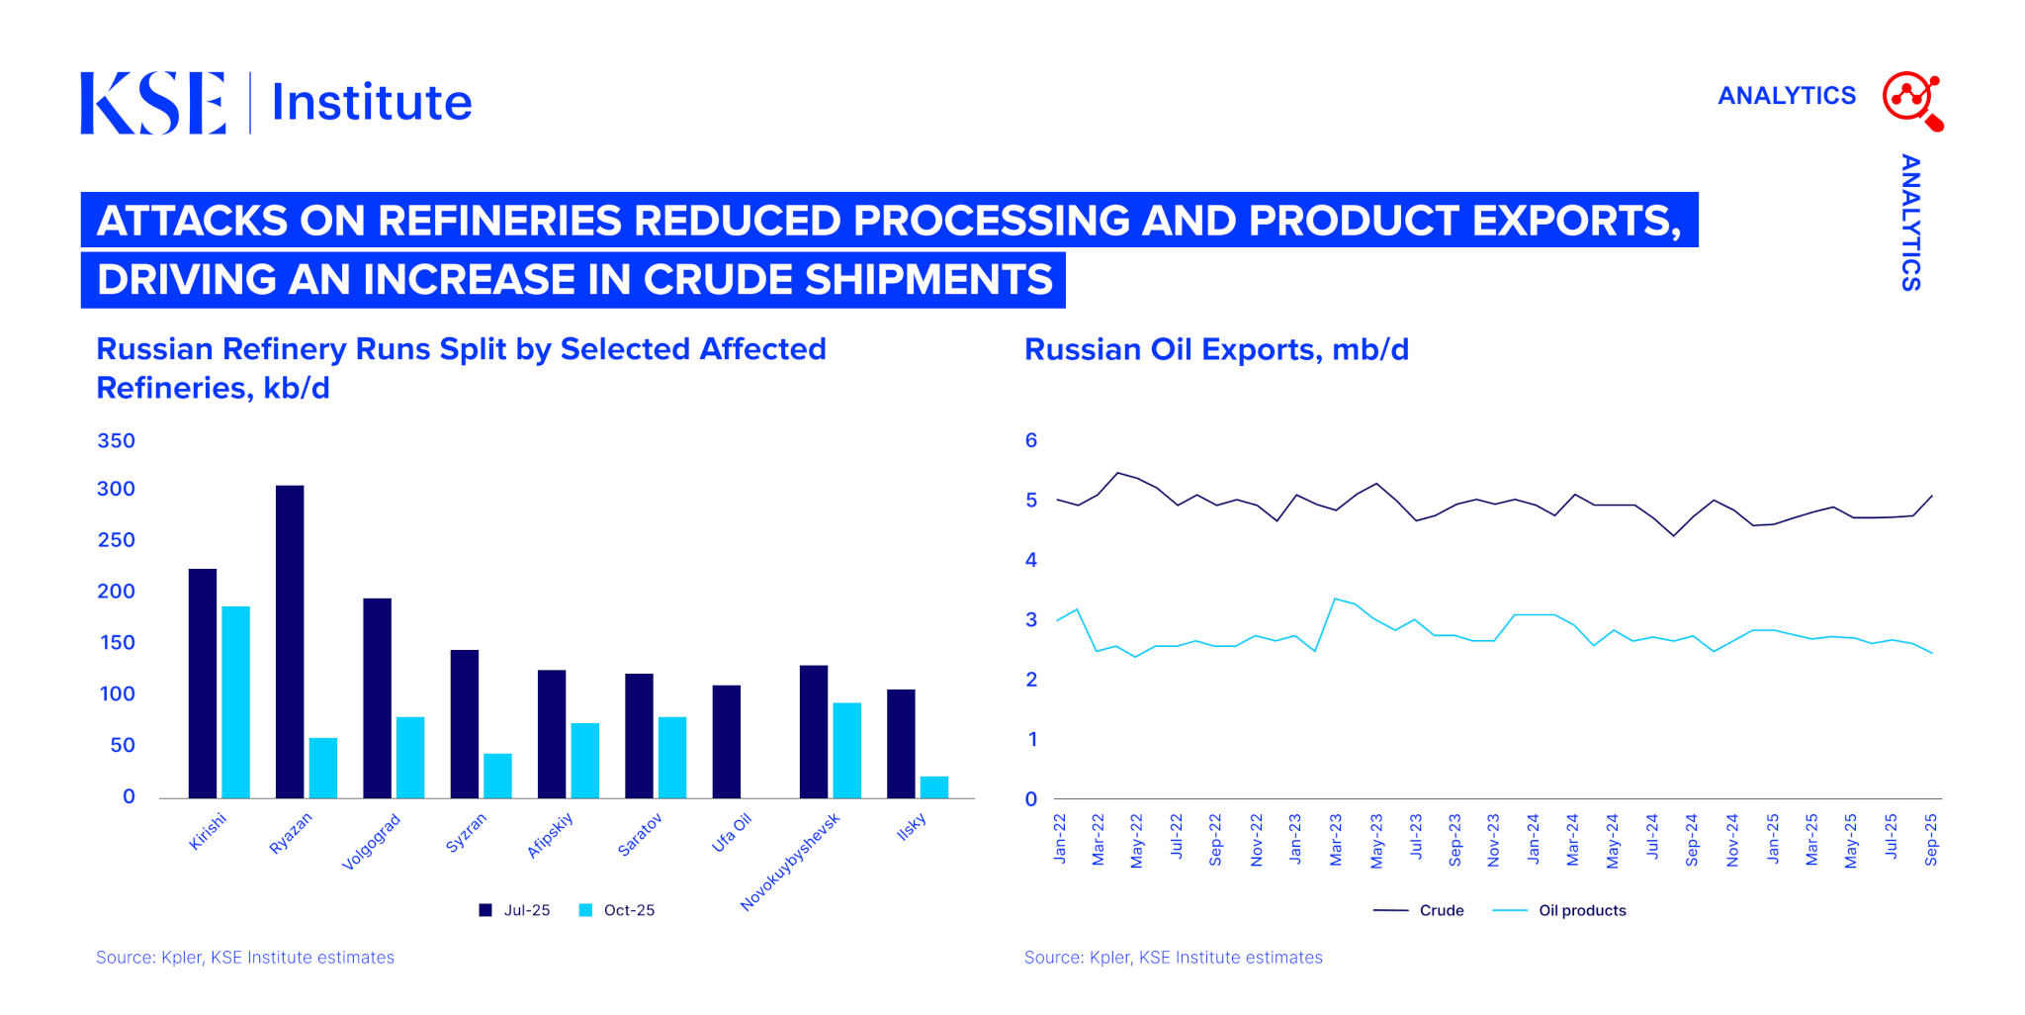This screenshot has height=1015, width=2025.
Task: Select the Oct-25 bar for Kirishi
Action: tap(235, 701)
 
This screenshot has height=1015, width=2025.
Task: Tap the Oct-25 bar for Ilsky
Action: tap(933, 787)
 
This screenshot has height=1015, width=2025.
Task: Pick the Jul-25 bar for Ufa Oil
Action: tap(726, 741)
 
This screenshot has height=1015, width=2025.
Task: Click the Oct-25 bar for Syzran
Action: tap(497, 776)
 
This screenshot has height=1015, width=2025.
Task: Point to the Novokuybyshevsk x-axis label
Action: tap(790, 862)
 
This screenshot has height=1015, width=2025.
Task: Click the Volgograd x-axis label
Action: tap(371, 842)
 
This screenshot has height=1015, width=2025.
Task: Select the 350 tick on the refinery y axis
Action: tap(116, 441)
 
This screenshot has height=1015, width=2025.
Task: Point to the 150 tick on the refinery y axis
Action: tap(117, 643)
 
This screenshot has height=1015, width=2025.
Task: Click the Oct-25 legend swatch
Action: tap(585, 910)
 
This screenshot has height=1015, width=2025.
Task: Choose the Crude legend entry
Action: tap(1419, 910)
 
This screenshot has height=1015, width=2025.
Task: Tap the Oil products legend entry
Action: tap(1559, 910)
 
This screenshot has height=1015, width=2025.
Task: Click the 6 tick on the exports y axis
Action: tap(1031, 440)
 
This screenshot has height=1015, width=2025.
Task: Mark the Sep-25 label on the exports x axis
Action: tap(1931, 840)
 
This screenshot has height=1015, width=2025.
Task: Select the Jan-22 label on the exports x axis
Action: tap(1060, 840)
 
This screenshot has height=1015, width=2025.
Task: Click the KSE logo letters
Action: tap(153, 103)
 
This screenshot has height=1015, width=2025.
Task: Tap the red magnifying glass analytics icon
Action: tap(1912, 100)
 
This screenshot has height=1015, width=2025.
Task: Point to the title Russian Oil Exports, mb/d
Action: tap(1216, 350)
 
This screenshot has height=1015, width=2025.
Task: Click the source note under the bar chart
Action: tap(245, 958)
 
